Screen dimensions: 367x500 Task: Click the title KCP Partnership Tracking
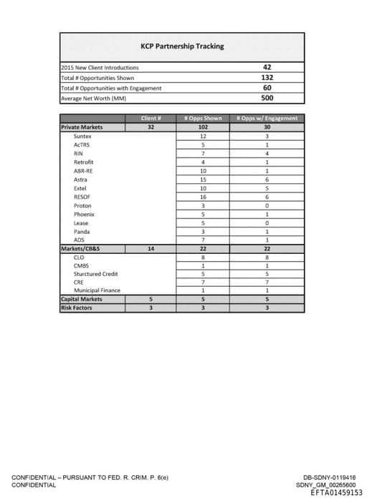pyautogui.click(x=182, y=46)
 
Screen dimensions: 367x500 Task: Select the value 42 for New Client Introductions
pyautogui.click(x=267, y=67)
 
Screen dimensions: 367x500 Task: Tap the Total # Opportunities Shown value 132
pyautogui.click(x=267, y=77)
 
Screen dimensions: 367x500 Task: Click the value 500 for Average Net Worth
pyautogui.click(x=267, y=98)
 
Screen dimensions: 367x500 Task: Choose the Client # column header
pyautogui.click(x=151, y=118)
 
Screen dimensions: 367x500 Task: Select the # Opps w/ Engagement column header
pyautogui.click(x=267, y=118)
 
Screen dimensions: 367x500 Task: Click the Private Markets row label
pyautogui.click(x=82, y=127)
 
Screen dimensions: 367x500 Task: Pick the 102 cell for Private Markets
pyautogui.click(x=203, y=127)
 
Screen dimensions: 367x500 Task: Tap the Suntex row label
pyautogui.click(x=82, y=135)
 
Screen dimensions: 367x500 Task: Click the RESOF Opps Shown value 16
pyautogui.click(x=203, y=196)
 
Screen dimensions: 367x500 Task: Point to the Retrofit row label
pyautogui.click(x=84, y=162)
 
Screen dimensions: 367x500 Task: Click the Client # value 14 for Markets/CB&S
pyautogui.click(x=151, y=248)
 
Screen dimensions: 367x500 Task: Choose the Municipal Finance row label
pyautogui.click(x=97, y=290)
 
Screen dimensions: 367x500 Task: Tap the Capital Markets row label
pyautogui.click(x=81, y=299)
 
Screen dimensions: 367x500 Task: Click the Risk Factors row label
pyautogui.click(x=77, y=308)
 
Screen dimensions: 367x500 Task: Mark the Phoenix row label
pyautogui.click(x=84, y=214)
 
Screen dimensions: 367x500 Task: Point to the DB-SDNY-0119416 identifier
pyautogui.click(x=329, y=478)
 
